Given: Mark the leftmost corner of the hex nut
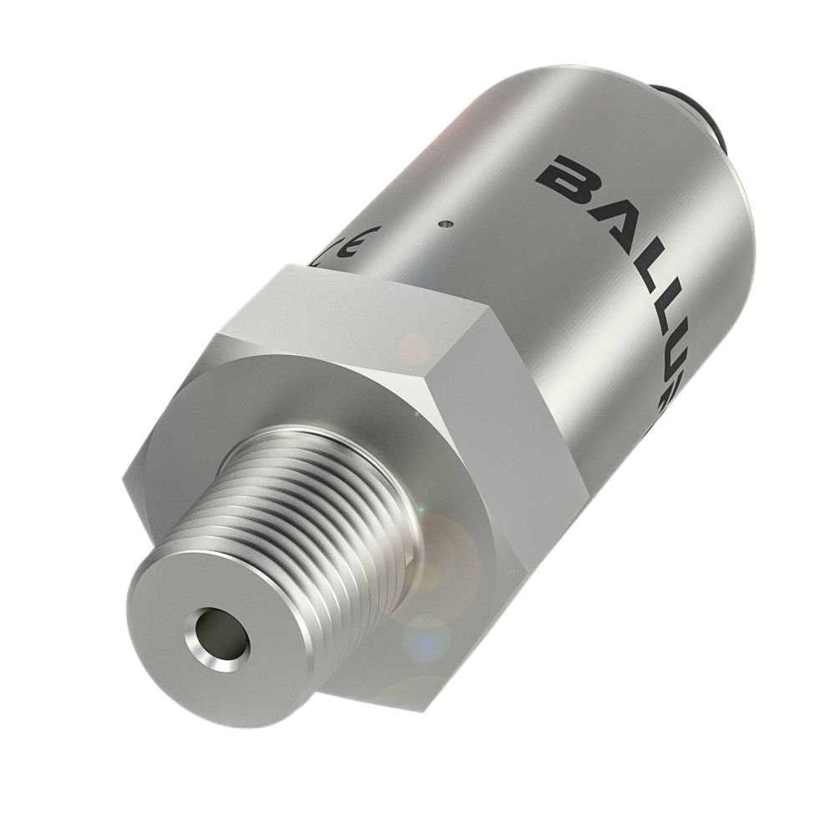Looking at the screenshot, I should tap(124, 483).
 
